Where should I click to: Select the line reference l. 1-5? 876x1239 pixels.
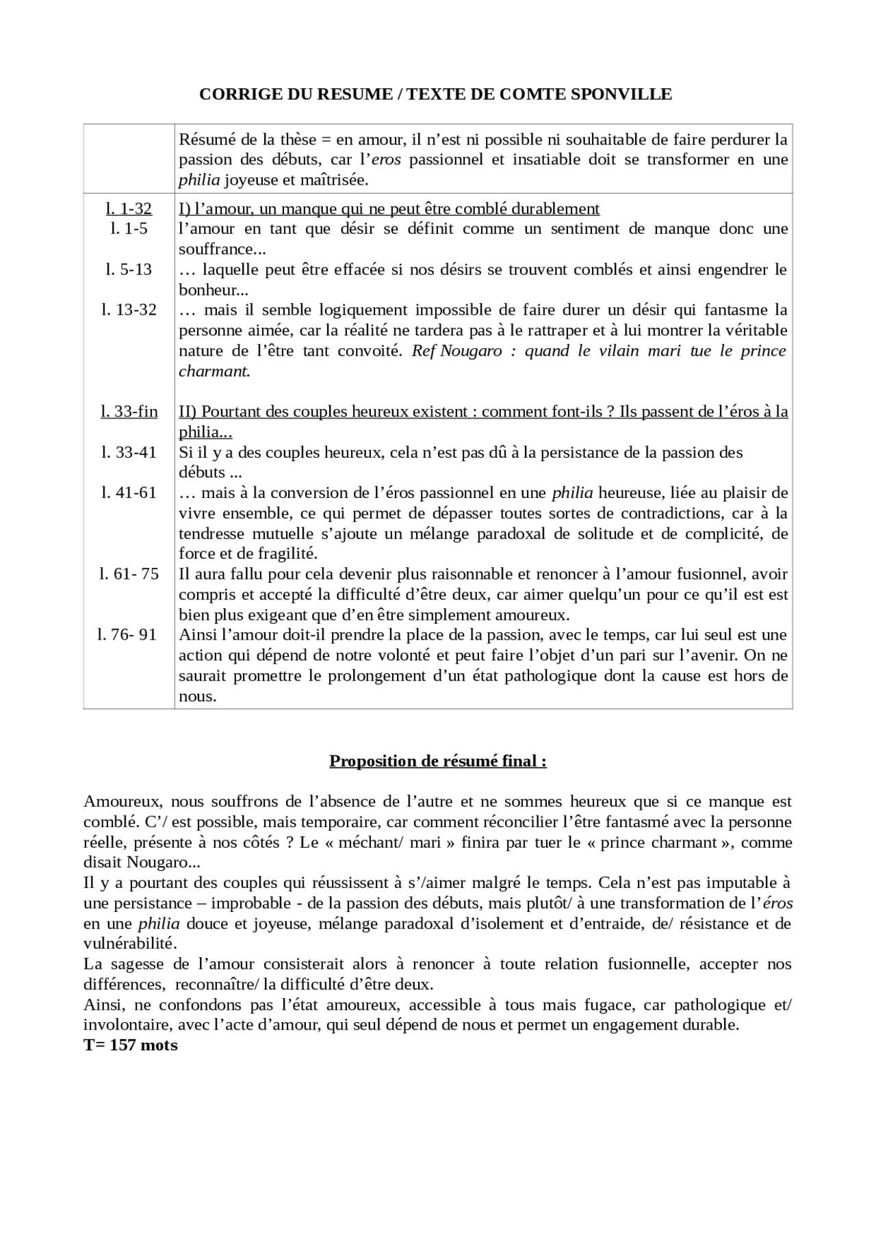point(129,229)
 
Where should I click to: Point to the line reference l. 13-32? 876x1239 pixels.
point(129,310)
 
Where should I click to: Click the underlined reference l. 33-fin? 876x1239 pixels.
point(129,412)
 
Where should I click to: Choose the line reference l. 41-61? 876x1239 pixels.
point(129,493)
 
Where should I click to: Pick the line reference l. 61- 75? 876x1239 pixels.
point(129,574)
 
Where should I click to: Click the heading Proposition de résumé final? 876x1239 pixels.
point(437,761)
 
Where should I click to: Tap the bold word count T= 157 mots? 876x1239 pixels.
point(131,1045)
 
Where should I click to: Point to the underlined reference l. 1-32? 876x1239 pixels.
point(129,209)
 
